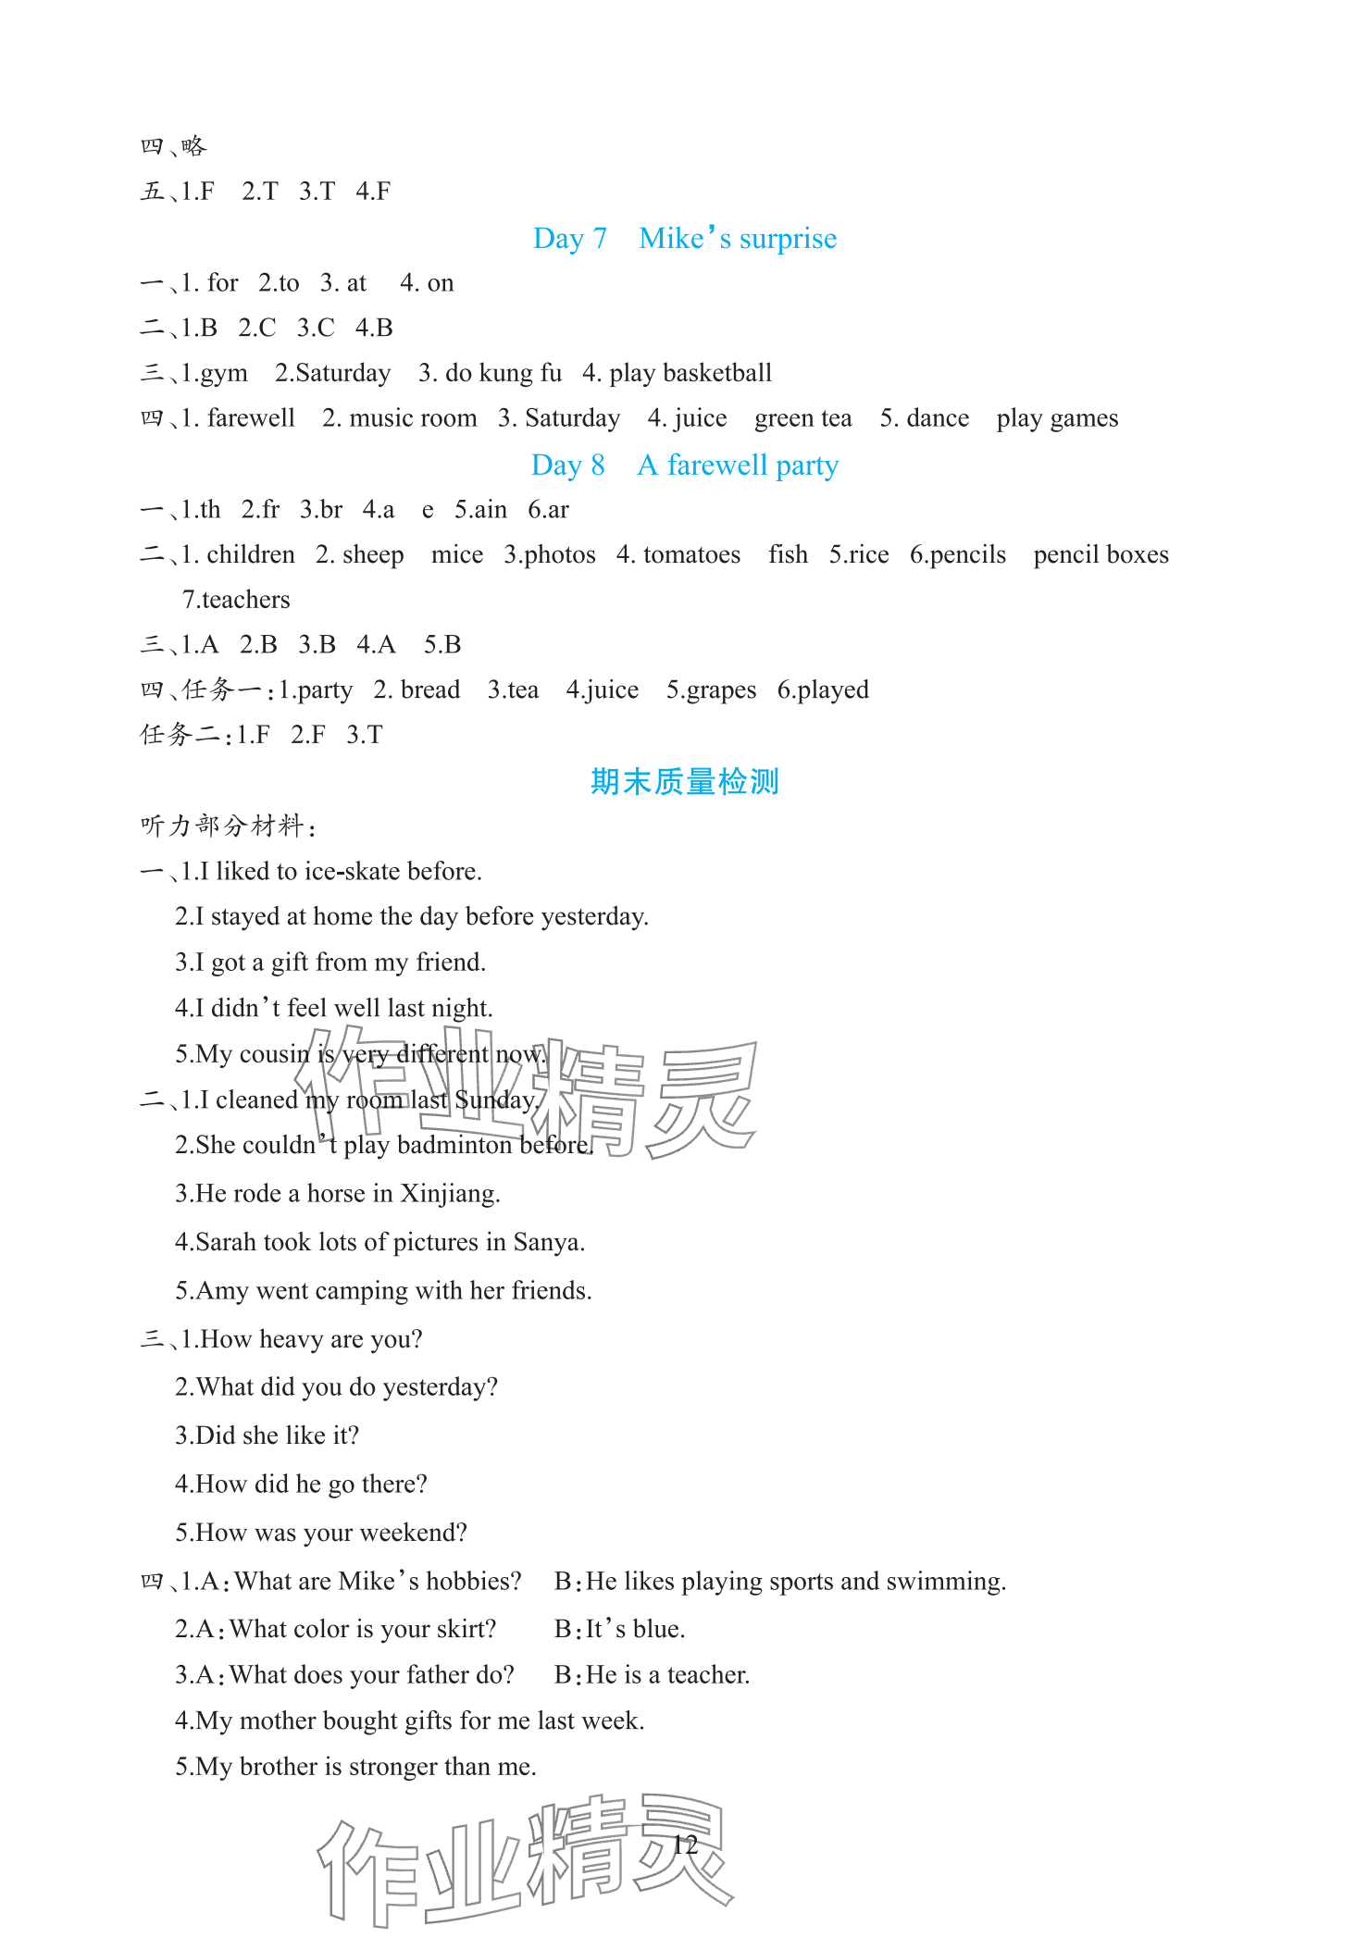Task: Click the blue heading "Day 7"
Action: (x=569, y=239)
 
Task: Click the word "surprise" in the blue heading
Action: (x=788, y=239)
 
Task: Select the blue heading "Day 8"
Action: (x=567, y=466)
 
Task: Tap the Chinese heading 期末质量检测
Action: (x=684, y=782)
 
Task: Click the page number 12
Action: (x=685, y=1845)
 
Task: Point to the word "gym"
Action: (x=223, y=373)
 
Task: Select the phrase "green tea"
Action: (x=802, y=418)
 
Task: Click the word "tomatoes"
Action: (x=691, y=554)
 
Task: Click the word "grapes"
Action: (x=721, y=690)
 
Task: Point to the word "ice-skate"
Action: (x=352, y=872)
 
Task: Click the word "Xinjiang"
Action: (x=450, y=1194)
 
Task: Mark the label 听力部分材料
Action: (x=223, y=826)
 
